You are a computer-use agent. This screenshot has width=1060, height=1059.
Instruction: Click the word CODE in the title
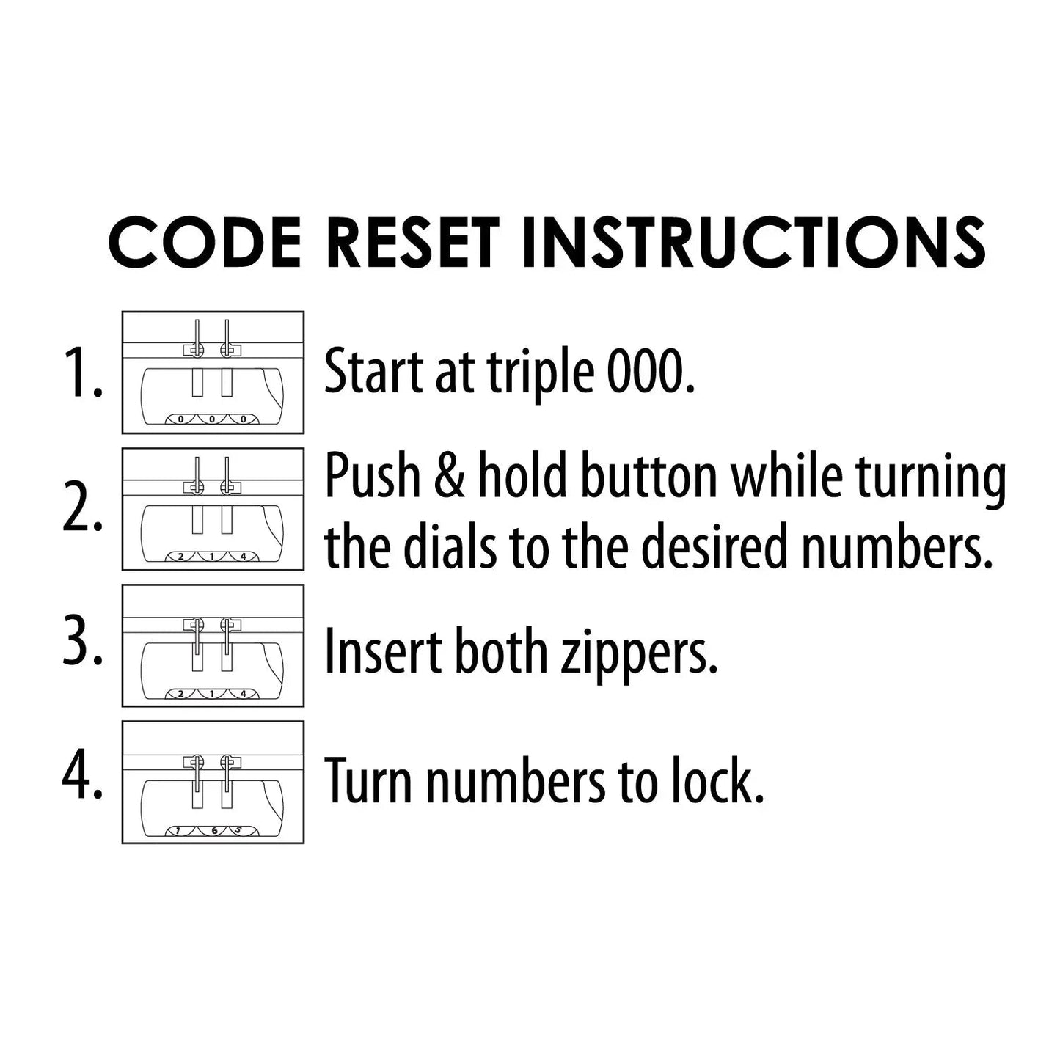205,242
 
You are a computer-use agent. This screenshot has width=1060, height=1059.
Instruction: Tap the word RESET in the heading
412,242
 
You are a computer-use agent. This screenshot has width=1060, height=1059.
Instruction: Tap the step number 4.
82,778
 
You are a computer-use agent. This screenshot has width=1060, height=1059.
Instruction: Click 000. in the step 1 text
651,370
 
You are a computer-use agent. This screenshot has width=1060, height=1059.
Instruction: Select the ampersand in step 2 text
450,477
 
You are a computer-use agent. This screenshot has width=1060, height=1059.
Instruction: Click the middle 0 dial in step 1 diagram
212,419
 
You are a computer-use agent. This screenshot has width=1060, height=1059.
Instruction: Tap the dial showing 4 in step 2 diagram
243,557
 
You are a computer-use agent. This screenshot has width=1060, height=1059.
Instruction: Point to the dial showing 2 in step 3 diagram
181,693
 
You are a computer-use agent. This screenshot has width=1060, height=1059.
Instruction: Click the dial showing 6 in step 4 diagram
214,830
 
